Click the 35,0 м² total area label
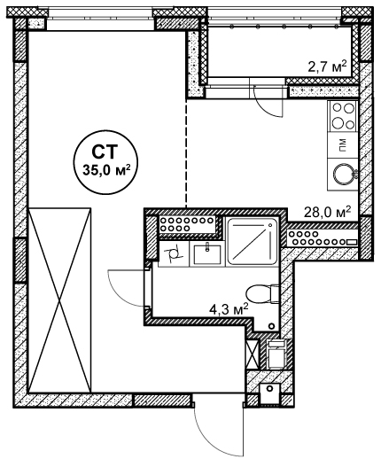pyautogui.click(x=106, y=170)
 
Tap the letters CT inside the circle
pyautogui.click(x=105, y=152)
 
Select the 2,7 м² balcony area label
pyautogui.click(x=327, y=67)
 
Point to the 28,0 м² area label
pyautogui.click(x=328, y=212)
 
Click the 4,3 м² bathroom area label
pyautogui.click(x=229, y=310)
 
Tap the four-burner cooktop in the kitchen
pyautogui.click(x=343, y=116)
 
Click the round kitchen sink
pyautogui.click(x=344, y=174)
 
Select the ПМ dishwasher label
pyautogui.click(x=343, y=145)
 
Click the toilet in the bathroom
pyautogui.click(x=262, y=293)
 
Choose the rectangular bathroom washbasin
pyautogui.click(x=207, y=254)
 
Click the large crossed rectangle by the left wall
pyautogui.click(x=59, y=300)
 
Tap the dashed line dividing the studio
pyautogui.click(x=186, y=153)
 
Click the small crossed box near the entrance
pyautogui.click(x=253, y=354)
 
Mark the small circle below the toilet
pyautogui.click(x=271, y=326)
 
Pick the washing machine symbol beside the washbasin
pyautogui.click(x=174, y=253)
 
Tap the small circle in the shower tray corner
pyautogui.click(x=270, y=225)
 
